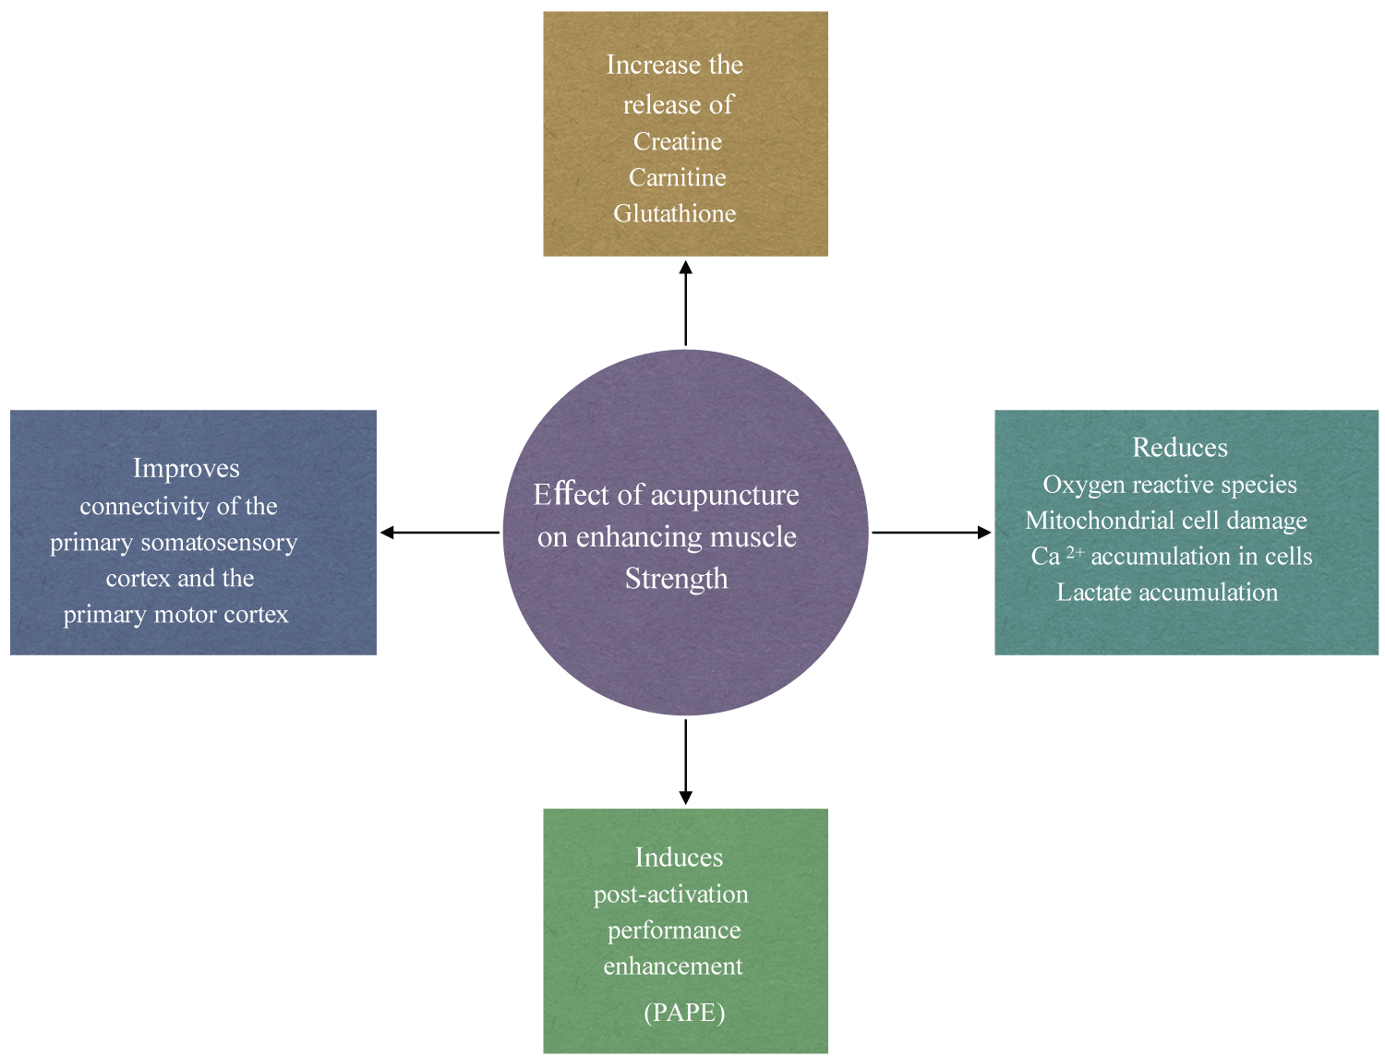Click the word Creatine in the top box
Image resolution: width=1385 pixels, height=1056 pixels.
coord(678,141)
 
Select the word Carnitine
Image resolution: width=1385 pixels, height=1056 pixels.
coord(678,177)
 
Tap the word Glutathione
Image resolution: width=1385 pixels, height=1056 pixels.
coord(675,213)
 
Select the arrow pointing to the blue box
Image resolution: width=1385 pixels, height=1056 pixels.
coord(440,533)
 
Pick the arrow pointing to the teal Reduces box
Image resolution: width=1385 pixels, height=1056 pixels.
coord(931,533)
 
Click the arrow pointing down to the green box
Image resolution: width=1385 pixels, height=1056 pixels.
coord(685,762)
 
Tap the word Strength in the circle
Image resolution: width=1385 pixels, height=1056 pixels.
coord(677,579)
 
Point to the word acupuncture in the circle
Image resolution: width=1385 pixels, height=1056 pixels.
coord(725,496)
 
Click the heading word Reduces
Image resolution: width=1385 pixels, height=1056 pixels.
coord(1180,448)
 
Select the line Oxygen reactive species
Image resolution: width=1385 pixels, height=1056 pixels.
coord(1170,485)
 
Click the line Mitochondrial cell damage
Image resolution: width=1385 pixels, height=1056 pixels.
coord(1166,521)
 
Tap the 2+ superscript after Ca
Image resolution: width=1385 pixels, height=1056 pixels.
coord(1075,552)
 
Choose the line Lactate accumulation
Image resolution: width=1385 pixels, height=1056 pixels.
coord(1167,593)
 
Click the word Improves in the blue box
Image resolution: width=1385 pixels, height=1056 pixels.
coord(187,469)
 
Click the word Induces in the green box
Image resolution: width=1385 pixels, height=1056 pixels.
coord(679,858)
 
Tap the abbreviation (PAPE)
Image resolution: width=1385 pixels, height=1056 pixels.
coord(684,1013)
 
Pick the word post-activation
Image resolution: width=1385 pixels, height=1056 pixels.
coord(671,894)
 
